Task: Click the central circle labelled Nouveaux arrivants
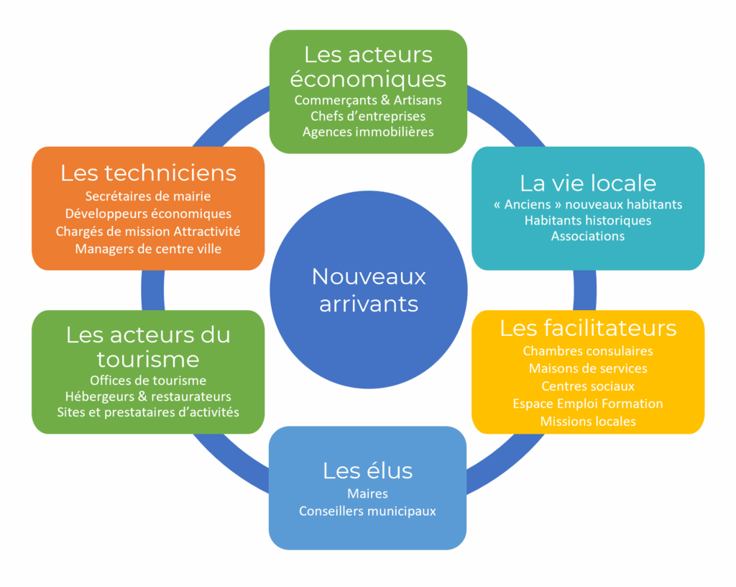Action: (368, 289)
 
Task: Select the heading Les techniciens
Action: (148, 173)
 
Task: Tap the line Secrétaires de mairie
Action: (148, 196)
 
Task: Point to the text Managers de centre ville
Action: (148, 249)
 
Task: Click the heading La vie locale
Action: (588, 183)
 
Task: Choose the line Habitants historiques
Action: (588, 220)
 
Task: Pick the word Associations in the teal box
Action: (588, 236)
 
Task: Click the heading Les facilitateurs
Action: (588, 328)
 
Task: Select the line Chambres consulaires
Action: (588, 351)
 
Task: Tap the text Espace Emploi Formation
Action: (588, 404)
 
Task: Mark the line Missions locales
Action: (588, 422)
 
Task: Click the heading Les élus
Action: (368, 470)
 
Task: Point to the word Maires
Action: (368, 493)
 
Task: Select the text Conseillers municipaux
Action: (368, 511)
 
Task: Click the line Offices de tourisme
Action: (148, 381)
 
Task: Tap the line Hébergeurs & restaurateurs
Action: (148, 396)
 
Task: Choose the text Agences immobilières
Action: (368, 132)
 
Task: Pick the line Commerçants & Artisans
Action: (368, 100)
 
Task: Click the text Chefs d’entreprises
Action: (368, 116)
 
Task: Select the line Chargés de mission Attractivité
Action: (148, 232)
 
